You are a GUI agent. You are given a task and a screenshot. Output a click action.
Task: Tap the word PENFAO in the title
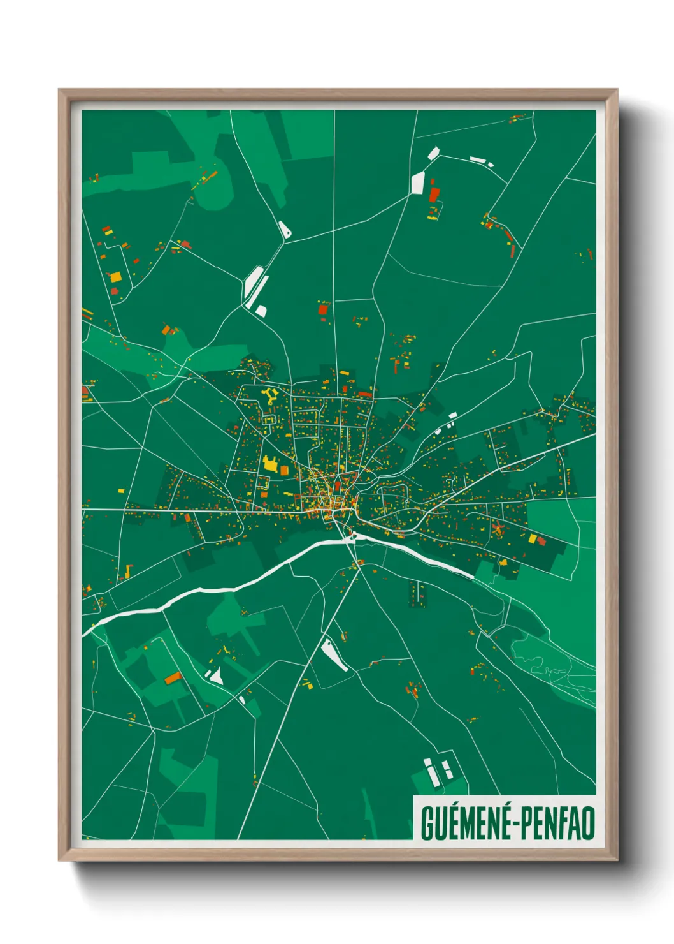[x=558, y=823]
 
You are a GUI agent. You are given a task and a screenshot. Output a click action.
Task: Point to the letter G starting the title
[x=427, y=823]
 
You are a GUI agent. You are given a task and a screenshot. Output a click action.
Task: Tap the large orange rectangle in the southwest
[x=173, y=677]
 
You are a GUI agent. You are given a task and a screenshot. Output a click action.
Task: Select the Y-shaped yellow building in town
[x=269, y=395]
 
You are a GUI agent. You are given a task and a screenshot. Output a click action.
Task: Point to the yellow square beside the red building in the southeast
[x=533, y=539]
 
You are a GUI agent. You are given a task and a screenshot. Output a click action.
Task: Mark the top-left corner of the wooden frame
[x=59, y=91]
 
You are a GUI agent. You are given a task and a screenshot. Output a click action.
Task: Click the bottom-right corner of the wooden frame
[x=617, y=860]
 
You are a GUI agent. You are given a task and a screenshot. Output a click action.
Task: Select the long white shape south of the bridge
[x=335, y=654]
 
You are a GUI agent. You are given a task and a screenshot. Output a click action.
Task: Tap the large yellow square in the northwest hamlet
[x=115, y=277]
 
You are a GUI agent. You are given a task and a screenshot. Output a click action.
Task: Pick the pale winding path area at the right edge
[x=548, y=663]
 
